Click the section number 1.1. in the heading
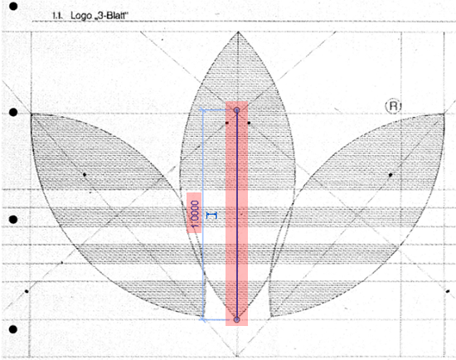(57, 16)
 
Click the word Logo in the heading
(81, 16)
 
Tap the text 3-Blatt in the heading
(112, 16)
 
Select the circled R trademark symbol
(393, 106)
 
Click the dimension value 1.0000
(195, 213)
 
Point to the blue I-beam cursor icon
(211, 216)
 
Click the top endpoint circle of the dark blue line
(237, 110)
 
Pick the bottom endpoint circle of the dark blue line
(237, 319)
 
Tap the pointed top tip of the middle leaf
(238, 32)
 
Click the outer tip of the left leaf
(32, 114)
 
